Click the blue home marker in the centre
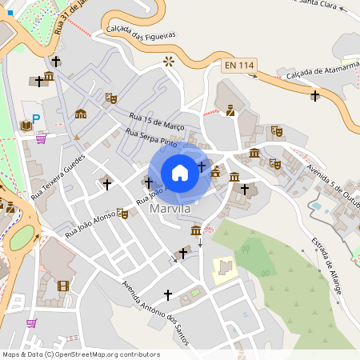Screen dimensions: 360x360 180,172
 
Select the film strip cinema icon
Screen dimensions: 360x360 63,286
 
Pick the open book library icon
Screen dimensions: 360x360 26,126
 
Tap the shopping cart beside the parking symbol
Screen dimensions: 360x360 40,138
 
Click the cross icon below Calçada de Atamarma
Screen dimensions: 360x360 315,96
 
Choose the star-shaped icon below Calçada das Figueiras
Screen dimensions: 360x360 168,61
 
